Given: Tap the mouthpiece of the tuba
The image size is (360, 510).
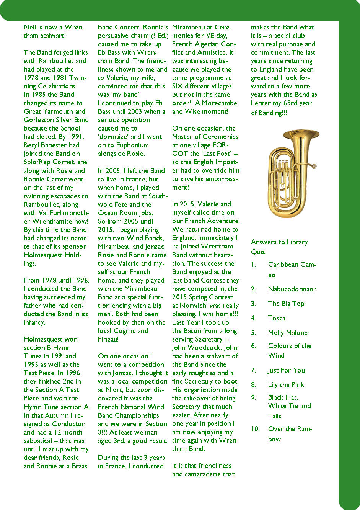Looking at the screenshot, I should coord(314,166).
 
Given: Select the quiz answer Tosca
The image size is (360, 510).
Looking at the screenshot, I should coord(277,318).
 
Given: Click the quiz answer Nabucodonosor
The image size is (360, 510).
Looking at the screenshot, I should coord(292,289).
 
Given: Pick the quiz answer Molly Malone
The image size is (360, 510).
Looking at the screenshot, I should coord(288,333).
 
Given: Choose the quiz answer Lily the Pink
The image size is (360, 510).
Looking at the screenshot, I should coord(286,385).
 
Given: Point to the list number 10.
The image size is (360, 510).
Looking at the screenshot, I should coord(255,429).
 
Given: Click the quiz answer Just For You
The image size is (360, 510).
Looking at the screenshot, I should coord(287,370).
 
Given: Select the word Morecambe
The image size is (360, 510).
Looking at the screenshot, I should coord(219,103).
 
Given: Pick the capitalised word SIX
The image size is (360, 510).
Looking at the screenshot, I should coord(178,86).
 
